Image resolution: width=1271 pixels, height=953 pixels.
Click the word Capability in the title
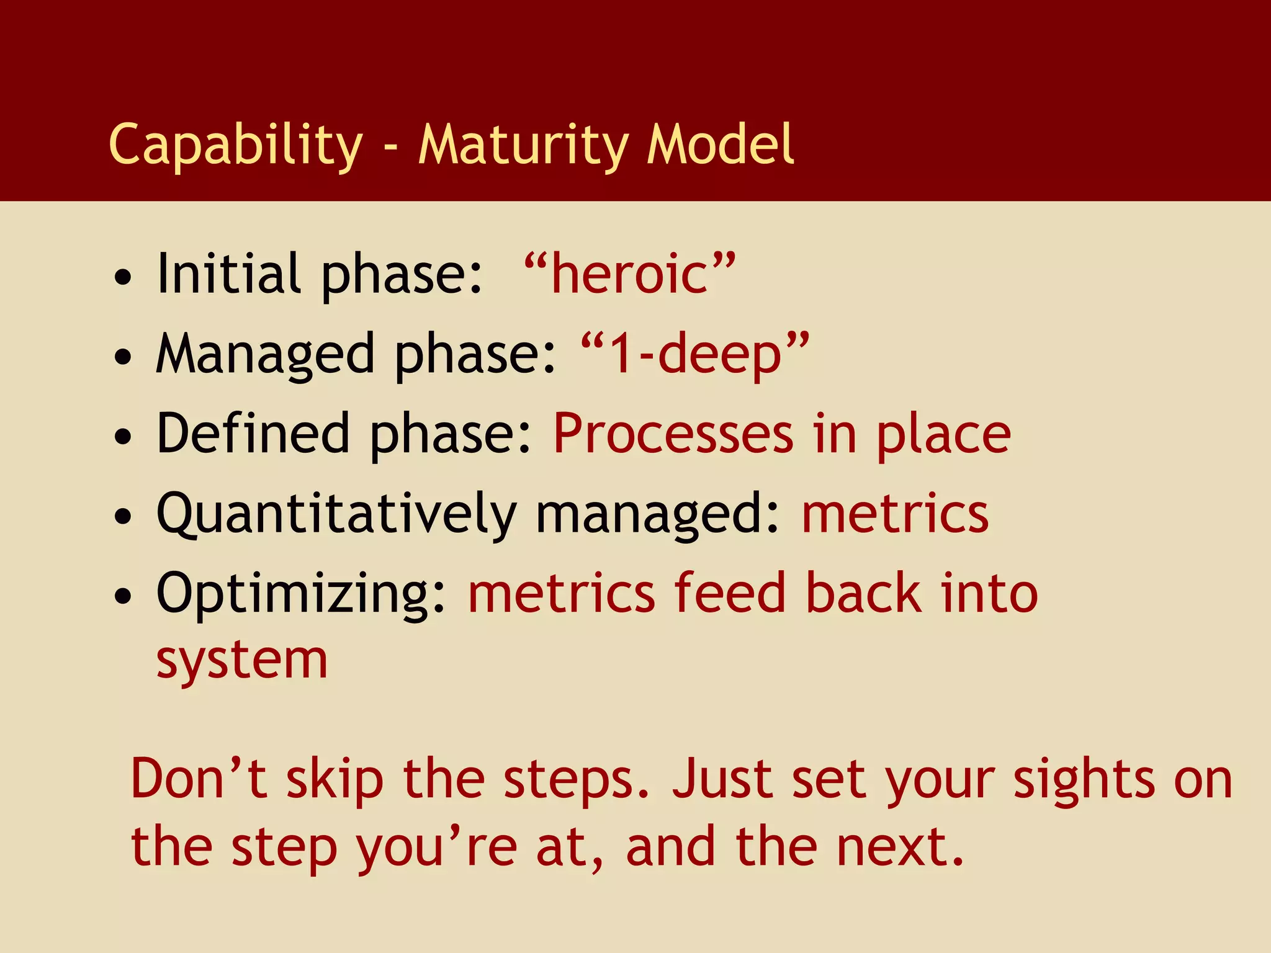235,145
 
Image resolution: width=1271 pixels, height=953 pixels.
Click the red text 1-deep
695,354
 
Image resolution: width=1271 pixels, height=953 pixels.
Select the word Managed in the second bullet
265,354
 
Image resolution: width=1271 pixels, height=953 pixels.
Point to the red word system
241,661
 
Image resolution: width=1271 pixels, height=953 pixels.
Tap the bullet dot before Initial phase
124,277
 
